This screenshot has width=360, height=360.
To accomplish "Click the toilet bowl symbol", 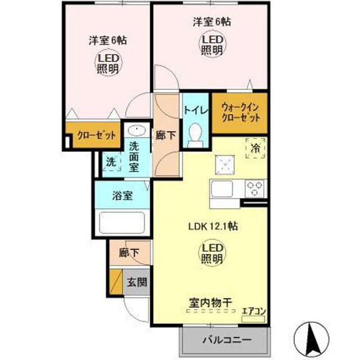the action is [195, 136].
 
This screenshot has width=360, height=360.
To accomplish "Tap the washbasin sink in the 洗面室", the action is [137, 130].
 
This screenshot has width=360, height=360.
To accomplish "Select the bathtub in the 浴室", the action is [121, 223].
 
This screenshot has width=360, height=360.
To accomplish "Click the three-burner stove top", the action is [255, 189].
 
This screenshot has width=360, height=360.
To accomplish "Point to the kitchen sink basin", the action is [222, 189].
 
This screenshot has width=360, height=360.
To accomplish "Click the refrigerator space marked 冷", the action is [255, 148].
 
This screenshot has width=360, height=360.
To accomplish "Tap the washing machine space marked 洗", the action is [111, 161].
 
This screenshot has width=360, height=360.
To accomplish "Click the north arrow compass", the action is [312, 339].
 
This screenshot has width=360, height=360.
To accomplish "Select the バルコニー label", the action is [227, 340].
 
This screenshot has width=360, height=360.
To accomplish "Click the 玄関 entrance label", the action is [137, 282].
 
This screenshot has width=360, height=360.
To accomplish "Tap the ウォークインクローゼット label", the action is [240, 112].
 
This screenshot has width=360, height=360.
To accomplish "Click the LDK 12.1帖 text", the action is [213, 226].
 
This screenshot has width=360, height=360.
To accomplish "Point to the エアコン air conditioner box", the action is [254, 319].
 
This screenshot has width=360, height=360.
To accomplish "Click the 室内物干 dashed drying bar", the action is [210, 311].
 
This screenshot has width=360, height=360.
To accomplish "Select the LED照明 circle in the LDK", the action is [212, 253].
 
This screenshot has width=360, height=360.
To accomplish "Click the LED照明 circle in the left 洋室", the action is [108, 62].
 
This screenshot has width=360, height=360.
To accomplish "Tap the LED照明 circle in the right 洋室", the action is [212, 44].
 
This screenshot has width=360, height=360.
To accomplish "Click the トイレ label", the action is [196, 110].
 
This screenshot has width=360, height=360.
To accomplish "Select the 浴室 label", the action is [123, 196].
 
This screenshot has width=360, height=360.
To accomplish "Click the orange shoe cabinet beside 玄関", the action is [116, 282].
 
